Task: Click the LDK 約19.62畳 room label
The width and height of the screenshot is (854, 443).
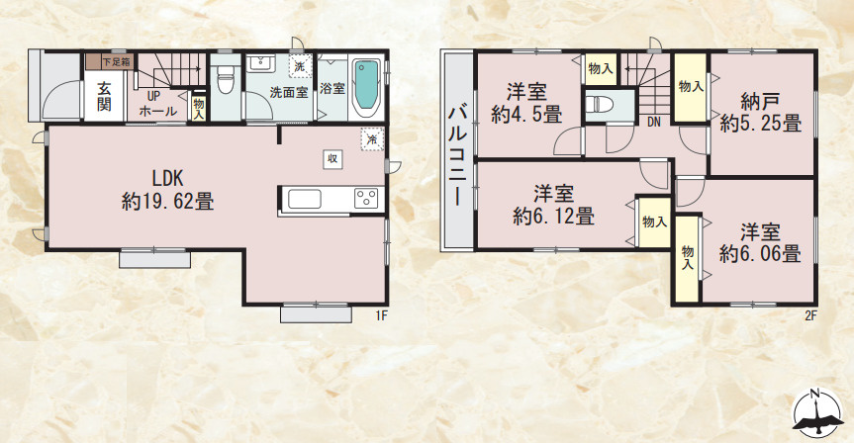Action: click(167, 190)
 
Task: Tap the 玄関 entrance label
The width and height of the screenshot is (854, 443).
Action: click(104, 96)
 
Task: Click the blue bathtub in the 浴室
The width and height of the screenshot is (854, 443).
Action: click(365, 88)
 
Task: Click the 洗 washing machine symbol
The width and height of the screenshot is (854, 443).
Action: click(298, 67)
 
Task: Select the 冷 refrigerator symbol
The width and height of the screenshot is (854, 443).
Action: click(369, 138)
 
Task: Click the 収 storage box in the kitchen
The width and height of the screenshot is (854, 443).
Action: click(332, 158)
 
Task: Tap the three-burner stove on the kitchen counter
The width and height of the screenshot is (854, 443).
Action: click(366, 198)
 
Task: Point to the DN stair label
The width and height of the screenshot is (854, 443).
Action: click(654, 123)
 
